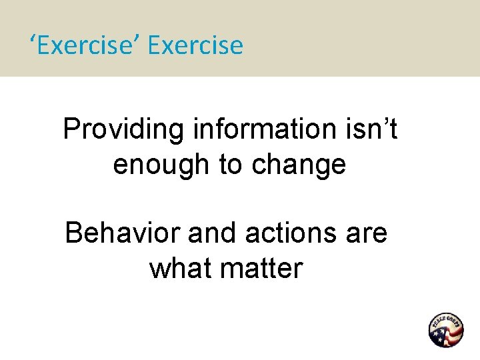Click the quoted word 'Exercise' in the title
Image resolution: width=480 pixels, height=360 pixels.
(87, 46)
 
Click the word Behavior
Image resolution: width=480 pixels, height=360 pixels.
(122, 234)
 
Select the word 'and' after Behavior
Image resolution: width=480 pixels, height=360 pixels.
(207, 234)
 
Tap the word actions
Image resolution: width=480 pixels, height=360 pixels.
(290, 234)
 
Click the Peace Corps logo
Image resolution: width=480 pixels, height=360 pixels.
(445, 329)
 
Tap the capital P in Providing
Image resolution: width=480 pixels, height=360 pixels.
(71, 129)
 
